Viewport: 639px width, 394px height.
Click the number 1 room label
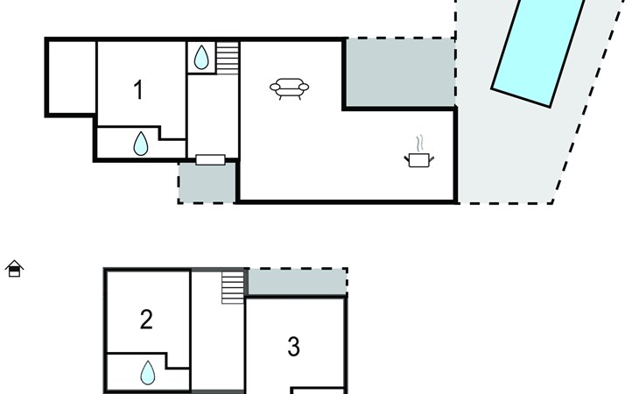pos(138,90)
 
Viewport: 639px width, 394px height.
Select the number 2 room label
pos(146,320)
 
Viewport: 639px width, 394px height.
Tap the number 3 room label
pos(293,347)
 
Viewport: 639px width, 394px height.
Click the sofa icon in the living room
pos(290,88)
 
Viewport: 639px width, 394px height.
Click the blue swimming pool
pos(538,51)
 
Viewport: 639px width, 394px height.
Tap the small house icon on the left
pos(14,269)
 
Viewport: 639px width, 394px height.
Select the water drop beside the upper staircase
pos(201,58)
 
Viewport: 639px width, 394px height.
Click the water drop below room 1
pos(141,144)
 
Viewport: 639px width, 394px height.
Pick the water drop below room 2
pos(148,373)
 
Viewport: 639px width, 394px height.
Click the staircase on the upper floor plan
pos(227,58)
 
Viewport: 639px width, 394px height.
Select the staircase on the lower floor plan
pos(233,288)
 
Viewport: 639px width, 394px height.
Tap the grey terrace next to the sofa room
pos(400,73)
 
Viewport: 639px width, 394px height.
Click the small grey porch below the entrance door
pos(207,182)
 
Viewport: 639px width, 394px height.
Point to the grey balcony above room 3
pos(298,282)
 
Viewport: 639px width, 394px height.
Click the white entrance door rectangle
pos(210,159)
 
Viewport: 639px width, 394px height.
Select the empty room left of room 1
pos(72,77)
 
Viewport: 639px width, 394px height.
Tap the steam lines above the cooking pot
pos(420,144)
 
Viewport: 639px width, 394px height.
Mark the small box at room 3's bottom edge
pos(318,390)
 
